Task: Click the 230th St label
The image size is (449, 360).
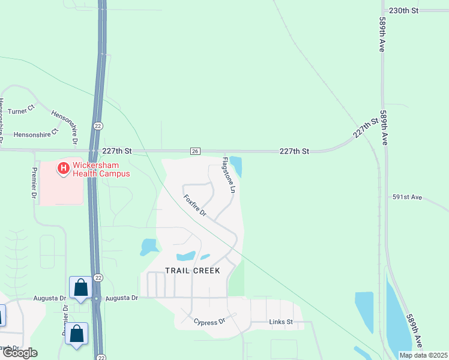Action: [403, 11]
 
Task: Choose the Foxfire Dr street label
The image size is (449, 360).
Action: [194, 205]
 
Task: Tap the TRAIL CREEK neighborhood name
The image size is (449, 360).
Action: [193, 271]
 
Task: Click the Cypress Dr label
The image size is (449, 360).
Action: [209, 320]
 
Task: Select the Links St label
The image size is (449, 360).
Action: [280, 322]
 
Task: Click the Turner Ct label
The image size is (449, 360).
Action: [22, 110]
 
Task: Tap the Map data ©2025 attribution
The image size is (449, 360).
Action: [423, 355]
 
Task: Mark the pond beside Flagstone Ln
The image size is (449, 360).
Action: [237, 166]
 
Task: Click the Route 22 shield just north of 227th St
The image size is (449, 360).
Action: [98, 125]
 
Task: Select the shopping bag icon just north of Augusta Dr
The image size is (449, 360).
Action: [81, 287]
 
